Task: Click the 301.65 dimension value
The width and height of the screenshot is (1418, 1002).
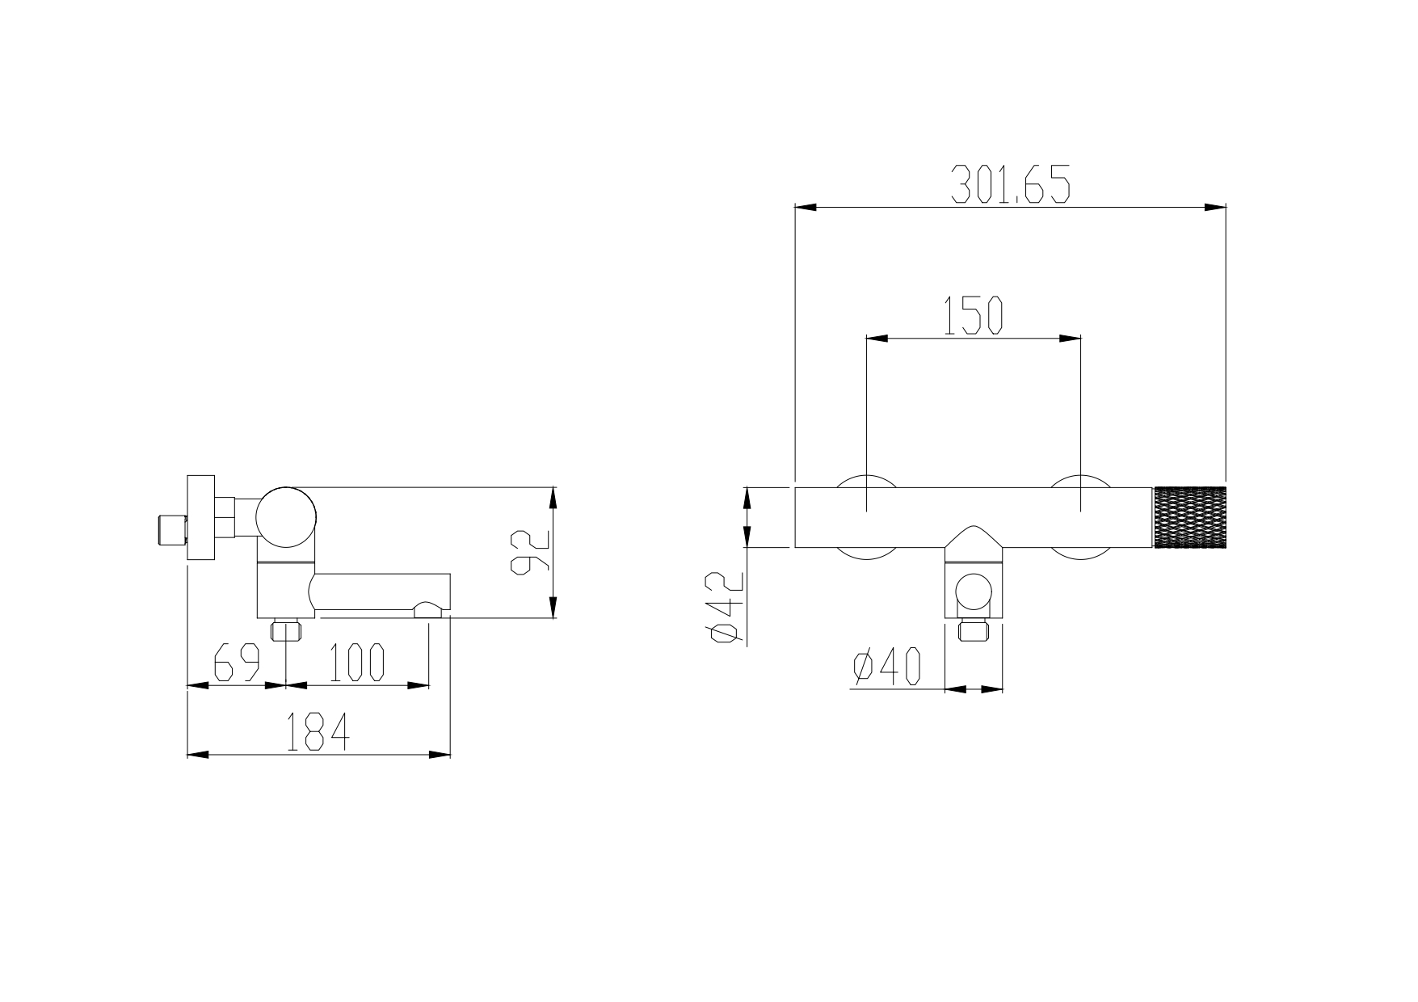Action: [1010, 183]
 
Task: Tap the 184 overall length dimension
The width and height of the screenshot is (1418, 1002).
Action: [318, 732]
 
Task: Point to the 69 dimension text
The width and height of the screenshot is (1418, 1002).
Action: [237, 663]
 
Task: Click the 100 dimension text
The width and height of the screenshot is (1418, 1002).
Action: [356, 663]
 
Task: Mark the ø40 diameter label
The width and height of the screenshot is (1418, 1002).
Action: [886, 667]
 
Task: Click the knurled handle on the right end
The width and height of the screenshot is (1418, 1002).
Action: [1190, 517]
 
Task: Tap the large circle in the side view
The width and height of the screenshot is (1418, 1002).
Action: [286, 516]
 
